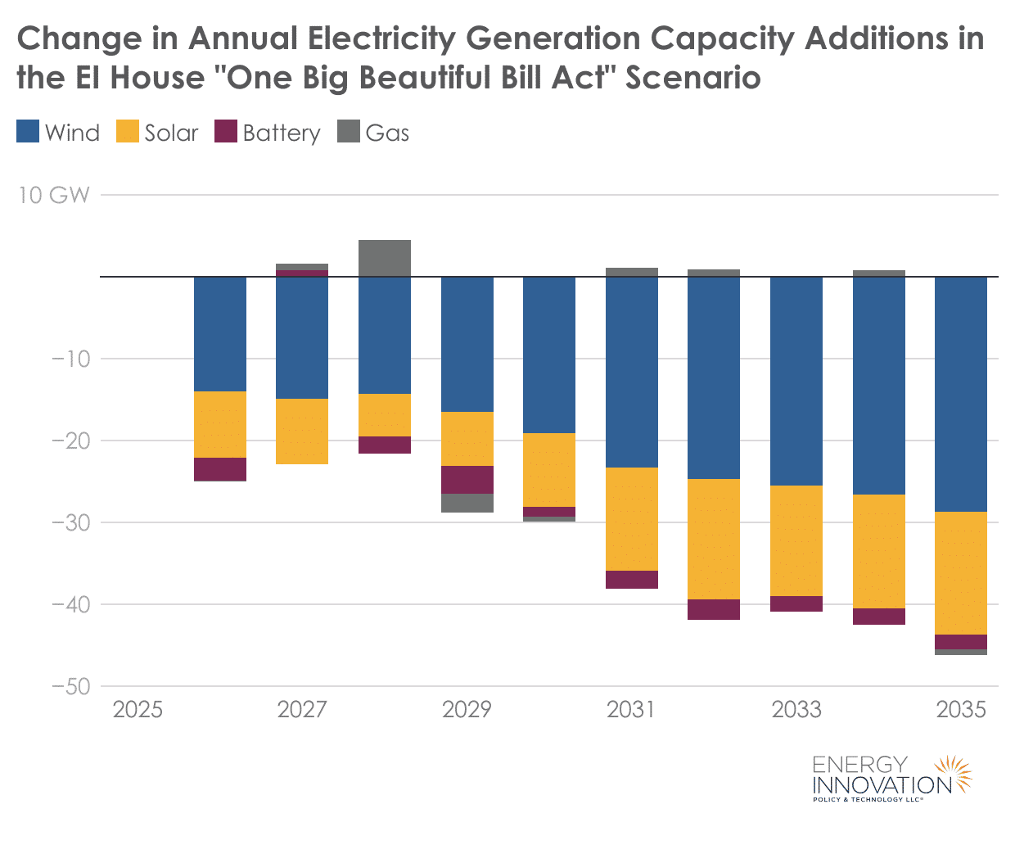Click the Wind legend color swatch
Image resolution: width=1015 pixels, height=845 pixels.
[28, 132]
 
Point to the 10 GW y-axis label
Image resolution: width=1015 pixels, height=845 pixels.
[53, 195]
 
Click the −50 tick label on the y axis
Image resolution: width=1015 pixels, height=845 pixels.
[70, 686]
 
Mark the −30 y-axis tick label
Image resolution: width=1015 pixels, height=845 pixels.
[70, 522]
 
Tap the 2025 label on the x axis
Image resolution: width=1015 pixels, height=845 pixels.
[138, 709]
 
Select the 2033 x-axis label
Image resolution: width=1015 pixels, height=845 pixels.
[796, 709]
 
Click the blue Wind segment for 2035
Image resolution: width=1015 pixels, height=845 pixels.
[961, 394]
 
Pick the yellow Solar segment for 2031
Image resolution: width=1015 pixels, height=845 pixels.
[632, 519]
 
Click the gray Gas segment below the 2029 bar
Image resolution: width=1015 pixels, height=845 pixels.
[467, 503]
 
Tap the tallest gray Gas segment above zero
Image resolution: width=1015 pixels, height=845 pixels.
[385, 258]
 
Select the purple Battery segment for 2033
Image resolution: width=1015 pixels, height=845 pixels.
[796, 603]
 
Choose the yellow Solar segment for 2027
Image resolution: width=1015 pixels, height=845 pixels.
[302, 432]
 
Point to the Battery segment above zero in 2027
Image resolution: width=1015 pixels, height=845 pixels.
[302, 273]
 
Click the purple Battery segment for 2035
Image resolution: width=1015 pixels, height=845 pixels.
[961, 642]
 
